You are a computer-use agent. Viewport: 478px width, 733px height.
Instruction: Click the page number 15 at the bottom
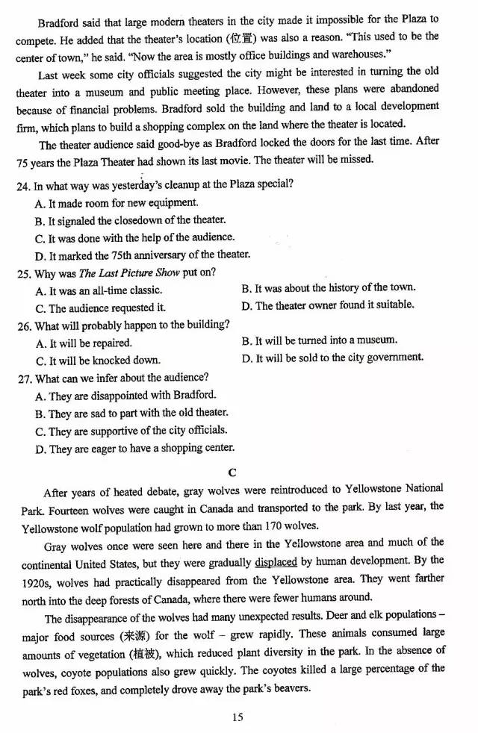pos(238,717)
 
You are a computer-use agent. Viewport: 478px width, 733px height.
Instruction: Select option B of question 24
pos(130,220)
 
